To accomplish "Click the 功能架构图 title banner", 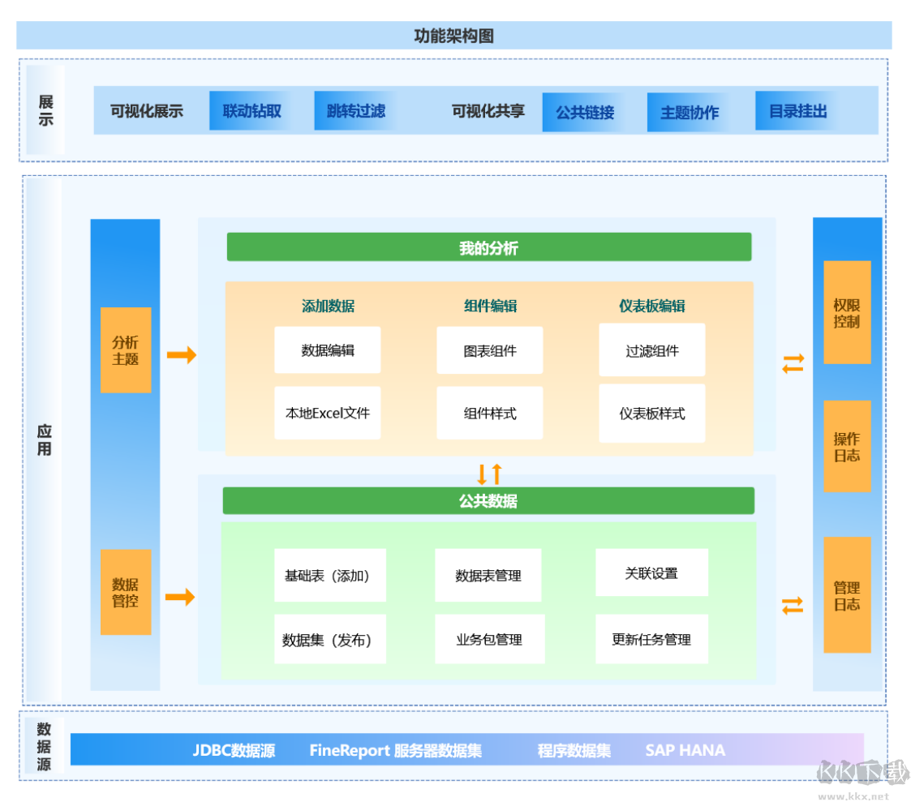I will [x=453, y=36].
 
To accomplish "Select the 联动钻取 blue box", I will [x=251, y=111].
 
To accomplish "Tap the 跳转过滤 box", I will [x=355, y=111].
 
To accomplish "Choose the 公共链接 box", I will [x=584, y=112].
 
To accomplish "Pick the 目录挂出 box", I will [x=797, y=112].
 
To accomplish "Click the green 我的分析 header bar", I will [x=488, y=247].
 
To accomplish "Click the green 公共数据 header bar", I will [x=488, y=501].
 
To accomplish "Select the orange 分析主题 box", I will [x=126, y=350].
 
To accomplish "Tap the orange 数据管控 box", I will [x=126, y=592].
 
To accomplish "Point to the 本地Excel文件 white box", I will [x=328, y=414].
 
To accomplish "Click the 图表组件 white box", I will [x=490, y=351].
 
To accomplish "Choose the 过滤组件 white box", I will [x=652, y=351].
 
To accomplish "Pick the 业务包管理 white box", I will [x=488, y=639].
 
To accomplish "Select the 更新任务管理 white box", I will [x=651, y=639].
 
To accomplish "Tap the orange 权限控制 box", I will [x=847, y=313].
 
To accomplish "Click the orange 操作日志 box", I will [x=847, y=446].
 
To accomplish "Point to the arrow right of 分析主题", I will [x=182, y=355].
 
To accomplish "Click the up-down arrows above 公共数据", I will [x=489, y=474].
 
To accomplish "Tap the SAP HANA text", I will [x=685, y=750].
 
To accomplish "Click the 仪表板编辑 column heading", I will [x=651, y=306].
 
